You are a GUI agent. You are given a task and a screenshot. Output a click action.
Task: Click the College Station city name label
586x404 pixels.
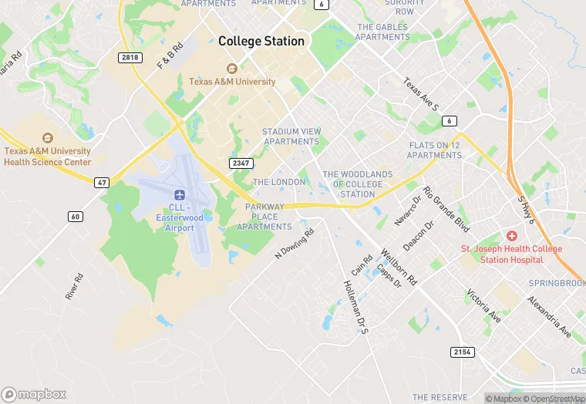tap(261, 41)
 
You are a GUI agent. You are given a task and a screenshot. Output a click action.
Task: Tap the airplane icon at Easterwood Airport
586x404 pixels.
tap(180, 194)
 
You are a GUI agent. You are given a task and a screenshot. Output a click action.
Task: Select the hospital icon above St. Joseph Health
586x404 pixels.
tap(511, 234)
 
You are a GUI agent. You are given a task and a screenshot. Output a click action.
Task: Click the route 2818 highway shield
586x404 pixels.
tap(130, 58)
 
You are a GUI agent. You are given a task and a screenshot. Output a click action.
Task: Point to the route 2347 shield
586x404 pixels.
tap(241, 163)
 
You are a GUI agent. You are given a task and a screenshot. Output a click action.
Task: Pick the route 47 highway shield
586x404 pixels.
tap(102, 182)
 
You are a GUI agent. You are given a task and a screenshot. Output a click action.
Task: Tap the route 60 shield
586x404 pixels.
tap(75, 216)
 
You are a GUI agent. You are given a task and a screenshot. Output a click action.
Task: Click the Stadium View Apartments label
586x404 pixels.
tap(291, 136)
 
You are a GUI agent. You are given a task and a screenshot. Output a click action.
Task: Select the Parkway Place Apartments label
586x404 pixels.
tap(264, 217)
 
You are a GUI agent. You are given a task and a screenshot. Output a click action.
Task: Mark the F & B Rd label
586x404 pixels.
tap(170, 56)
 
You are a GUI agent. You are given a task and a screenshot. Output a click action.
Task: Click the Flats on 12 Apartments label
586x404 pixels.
tap(435, 150)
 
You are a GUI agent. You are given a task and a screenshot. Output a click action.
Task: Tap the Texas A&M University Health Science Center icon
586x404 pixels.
tap(48, 137)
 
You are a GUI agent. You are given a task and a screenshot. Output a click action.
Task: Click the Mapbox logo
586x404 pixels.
tap(33, 394)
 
